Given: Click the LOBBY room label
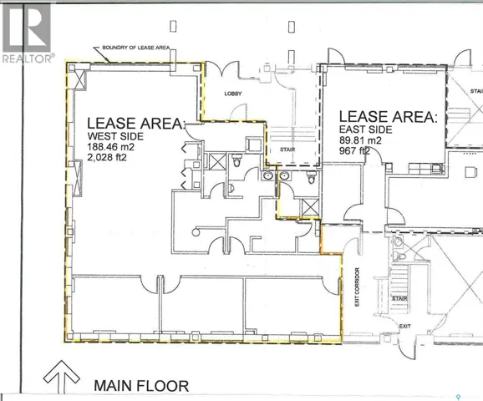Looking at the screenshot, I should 232,94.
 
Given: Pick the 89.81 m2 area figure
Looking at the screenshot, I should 361,144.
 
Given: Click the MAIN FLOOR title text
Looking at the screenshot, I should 141,386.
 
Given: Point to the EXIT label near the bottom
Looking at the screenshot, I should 404,326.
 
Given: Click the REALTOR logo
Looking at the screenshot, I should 28,32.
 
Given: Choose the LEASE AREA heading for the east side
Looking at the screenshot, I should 386,117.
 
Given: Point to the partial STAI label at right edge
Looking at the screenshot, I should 475,91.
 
